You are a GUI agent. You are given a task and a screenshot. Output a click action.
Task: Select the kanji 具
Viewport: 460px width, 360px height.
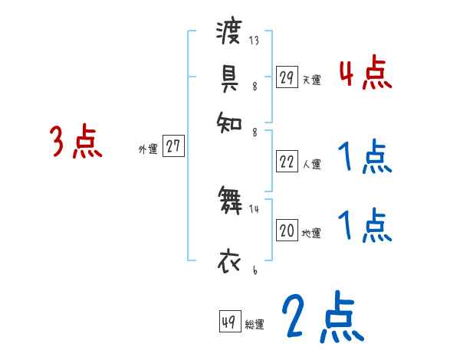click(228, 78)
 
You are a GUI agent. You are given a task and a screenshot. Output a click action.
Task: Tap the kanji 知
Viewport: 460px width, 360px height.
click(228, 121)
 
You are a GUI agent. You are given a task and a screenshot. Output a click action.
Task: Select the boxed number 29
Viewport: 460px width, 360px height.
click(287, 77)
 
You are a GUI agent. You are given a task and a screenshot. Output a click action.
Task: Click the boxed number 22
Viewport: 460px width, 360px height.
click(287, 162)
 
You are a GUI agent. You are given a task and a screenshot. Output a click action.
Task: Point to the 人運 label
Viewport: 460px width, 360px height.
click(312, 164)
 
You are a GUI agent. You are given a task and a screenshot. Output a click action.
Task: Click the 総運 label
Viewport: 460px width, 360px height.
click(255, 325)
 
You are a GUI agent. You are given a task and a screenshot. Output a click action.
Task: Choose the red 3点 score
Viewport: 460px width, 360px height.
click(76, 142)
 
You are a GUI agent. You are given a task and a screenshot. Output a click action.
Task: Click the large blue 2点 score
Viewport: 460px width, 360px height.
click(322, 318)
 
